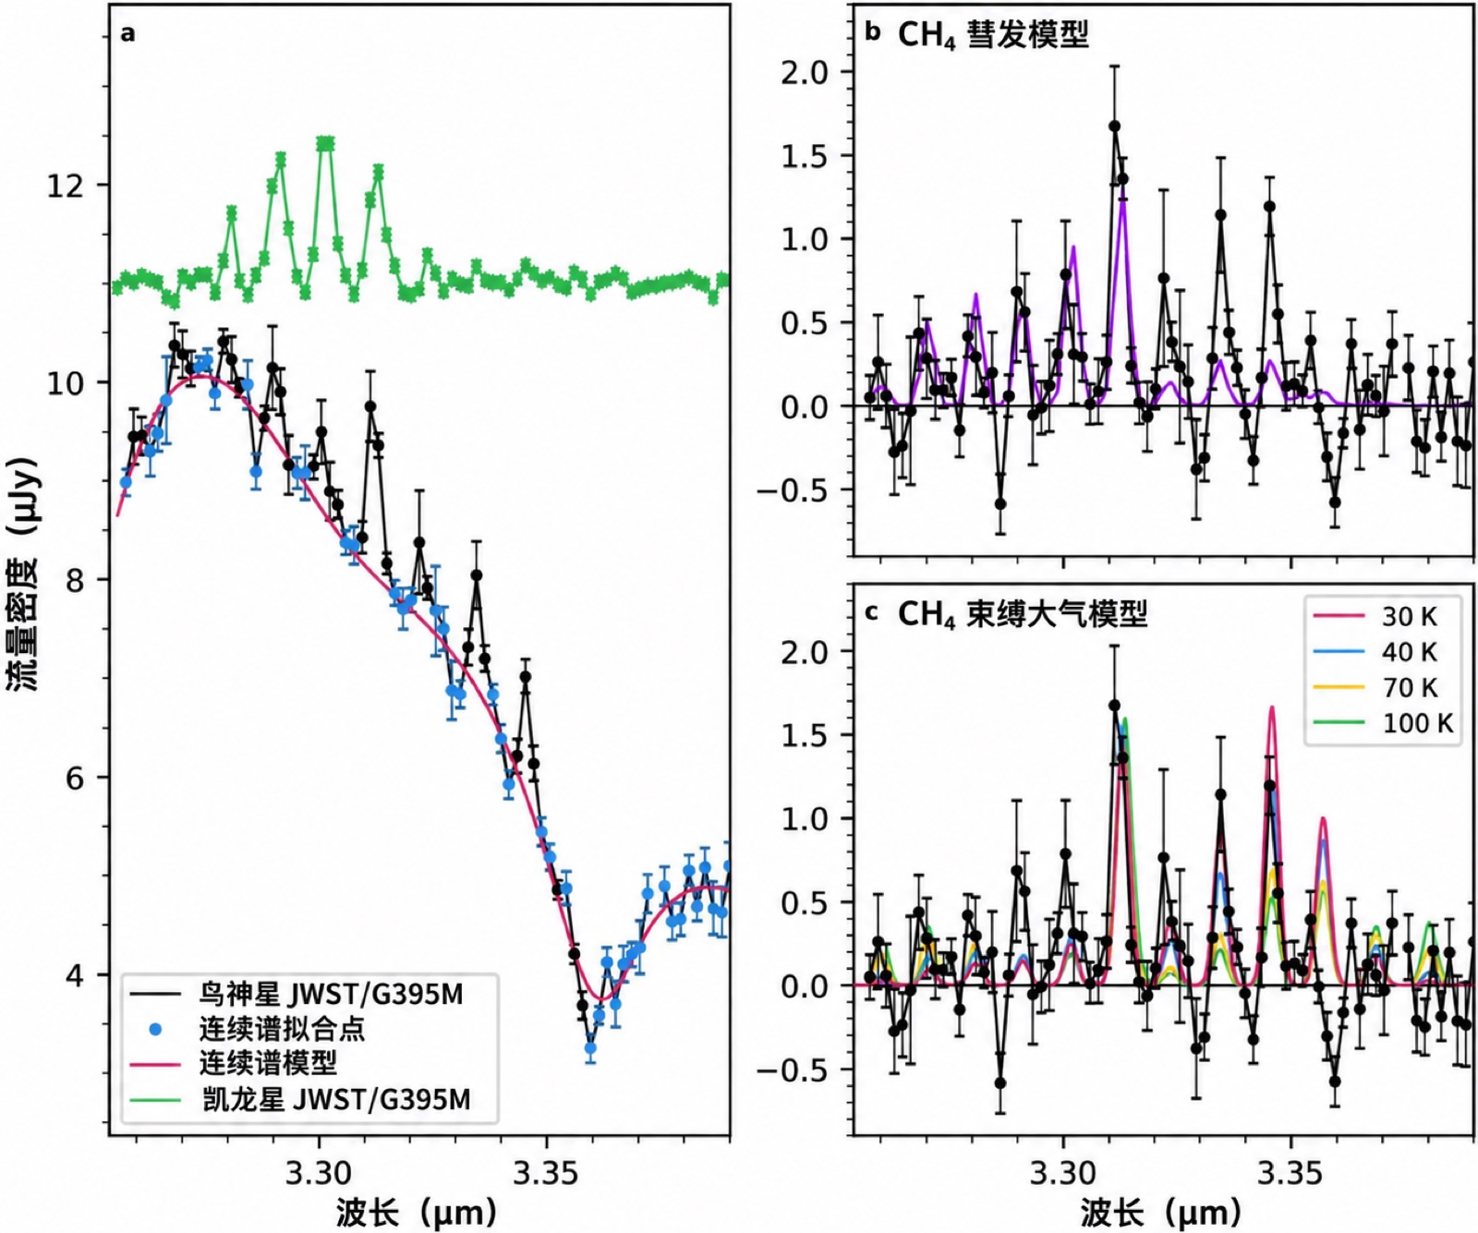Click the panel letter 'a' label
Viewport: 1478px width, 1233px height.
click(x=127, y=34)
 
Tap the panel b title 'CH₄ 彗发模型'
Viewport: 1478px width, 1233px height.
click(x=993, y=35)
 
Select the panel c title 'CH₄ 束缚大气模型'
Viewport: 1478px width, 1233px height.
click(x=1023, y=614)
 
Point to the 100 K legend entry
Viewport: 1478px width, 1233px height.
click(x=1383, y=722)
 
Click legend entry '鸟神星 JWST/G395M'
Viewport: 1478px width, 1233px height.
click(x=297, y=994)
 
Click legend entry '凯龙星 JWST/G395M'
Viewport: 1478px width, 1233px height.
click(x=300, y=1098)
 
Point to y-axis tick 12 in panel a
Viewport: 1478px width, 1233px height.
click(x=66, y=186)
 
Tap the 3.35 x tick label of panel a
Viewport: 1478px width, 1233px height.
click(x=545, y=1173)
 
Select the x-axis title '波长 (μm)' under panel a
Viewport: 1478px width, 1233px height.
click(x=417, y=1212)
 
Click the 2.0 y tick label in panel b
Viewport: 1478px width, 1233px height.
click(x=805, y=72)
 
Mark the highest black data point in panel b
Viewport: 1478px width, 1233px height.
click(x=1115, y=127)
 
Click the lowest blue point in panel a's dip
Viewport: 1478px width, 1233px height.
click(x=590, y=1048)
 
